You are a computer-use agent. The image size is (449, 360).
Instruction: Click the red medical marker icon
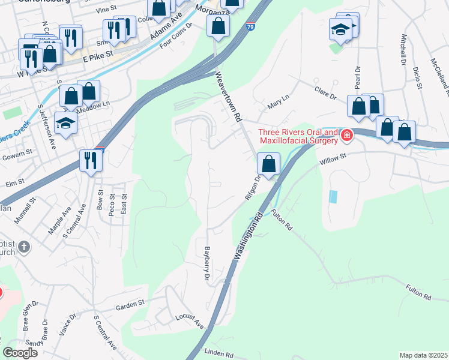346,136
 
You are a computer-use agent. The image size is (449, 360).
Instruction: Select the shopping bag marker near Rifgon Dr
269,163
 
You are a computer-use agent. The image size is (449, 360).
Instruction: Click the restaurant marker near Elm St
91,161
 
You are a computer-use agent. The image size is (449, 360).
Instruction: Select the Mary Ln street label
274,106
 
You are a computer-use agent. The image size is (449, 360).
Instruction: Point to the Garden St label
131,305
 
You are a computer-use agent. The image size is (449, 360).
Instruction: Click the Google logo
20,353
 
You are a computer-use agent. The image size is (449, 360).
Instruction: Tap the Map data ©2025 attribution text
423,355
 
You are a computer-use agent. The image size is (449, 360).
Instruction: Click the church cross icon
23,247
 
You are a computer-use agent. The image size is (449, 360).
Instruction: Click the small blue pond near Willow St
333,196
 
